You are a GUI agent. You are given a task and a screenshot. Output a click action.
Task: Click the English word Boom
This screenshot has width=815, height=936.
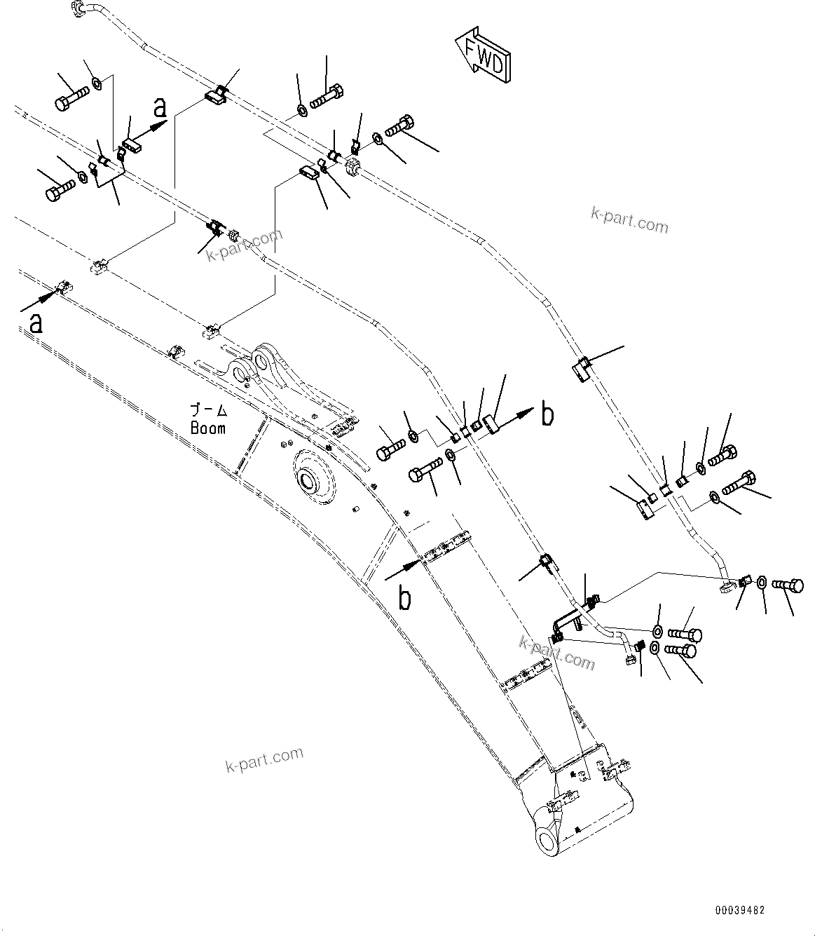[x=208, y=428]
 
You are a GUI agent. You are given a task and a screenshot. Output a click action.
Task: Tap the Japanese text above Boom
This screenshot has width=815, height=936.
[x=209, y=409]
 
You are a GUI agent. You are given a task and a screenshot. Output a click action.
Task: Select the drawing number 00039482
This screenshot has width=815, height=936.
[x=739, y=910]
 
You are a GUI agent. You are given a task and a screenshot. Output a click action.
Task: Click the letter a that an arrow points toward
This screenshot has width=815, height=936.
[x=160, y=107]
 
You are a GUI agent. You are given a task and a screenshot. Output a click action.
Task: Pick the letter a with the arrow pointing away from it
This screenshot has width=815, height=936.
[x=35, y=323]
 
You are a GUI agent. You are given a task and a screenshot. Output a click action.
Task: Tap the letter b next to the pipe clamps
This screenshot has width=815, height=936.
[x=547, y=415]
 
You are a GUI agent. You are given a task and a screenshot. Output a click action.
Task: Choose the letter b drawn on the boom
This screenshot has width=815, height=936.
[x=405, y=598]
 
